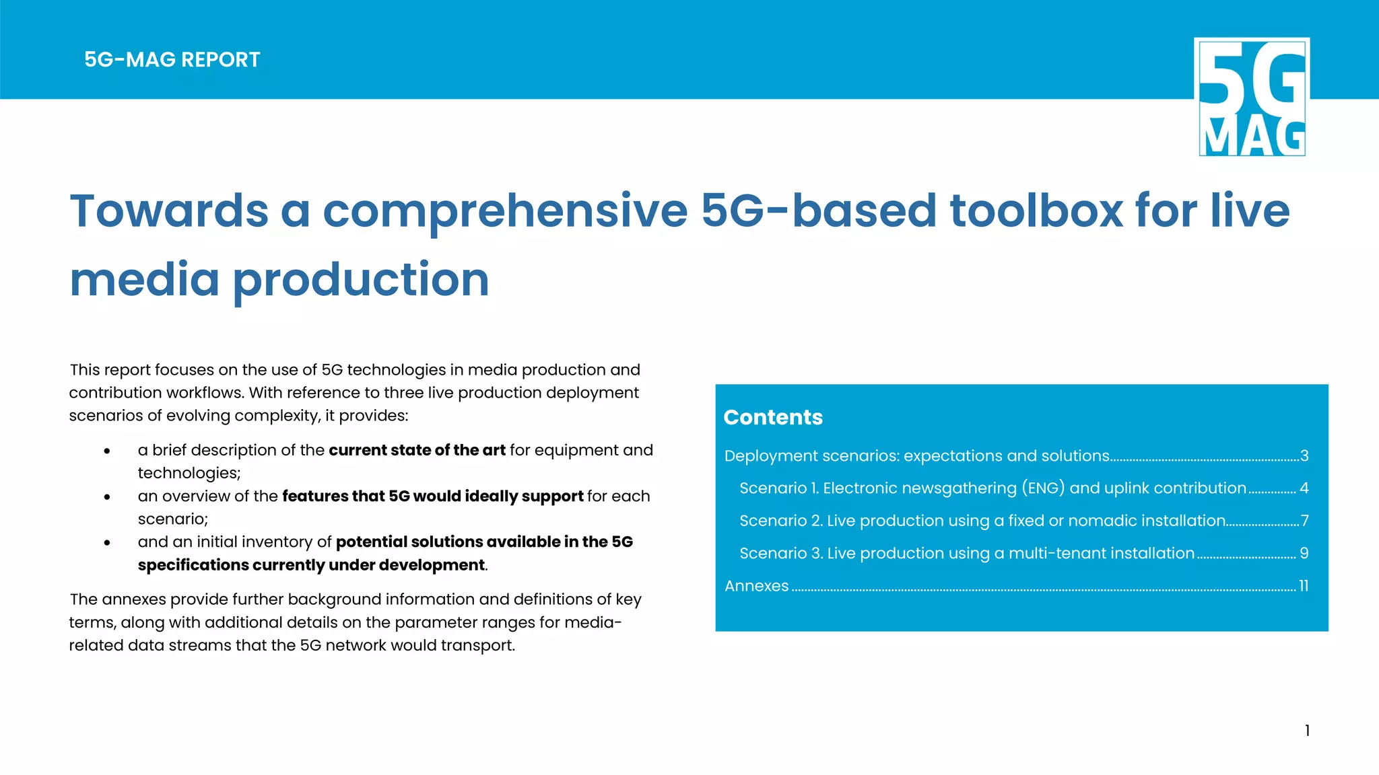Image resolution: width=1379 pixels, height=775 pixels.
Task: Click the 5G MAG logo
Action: click(1252, 97)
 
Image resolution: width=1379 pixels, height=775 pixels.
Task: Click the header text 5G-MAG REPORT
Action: click(172, 60)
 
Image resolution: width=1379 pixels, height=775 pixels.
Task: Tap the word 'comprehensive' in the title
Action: click(505, 211)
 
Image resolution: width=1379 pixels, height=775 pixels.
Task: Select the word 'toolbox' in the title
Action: click(1036, 211)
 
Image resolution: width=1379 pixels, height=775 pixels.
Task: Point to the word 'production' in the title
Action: click(361, 279)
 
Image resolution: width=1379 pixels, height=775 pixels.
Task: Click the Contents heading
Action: click(773, 417)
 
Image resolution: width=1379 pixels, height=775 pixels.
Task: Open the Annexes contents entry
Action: click(756, 586)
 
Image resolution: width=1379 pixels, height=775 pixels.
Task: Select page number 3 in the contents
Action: click(1304, 456)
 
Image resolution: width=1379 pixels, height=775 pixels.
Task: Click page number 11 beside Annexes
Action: click(1304, 586)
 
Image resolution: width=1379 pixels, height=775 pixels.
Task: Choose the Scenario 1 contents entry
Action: click(993, 488)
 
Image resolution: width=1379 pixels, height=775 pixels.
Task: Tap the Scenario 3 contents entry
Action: click(966, 553)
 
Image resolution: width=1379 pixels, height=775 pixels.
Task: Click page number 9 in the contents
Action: click(1304, 553)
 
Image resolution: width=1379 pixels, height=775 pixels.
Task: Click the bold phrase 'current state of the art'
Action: click(417, 450)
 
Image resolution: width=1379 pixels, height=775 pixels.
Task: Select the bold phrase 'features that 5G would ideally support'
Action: click(432, 496)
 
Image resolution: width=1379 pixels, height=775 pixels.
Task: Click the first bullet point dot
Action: click(107, 451)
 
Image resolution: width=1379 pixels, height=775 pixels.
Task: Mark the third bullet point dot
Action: click(107, 543)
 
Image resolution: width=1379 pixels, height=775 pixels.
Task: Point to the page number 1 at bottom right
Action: click(1307, 731)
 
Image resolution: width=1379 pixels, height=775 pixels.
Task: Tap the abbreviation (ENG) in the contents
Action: click(1043, 488)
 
